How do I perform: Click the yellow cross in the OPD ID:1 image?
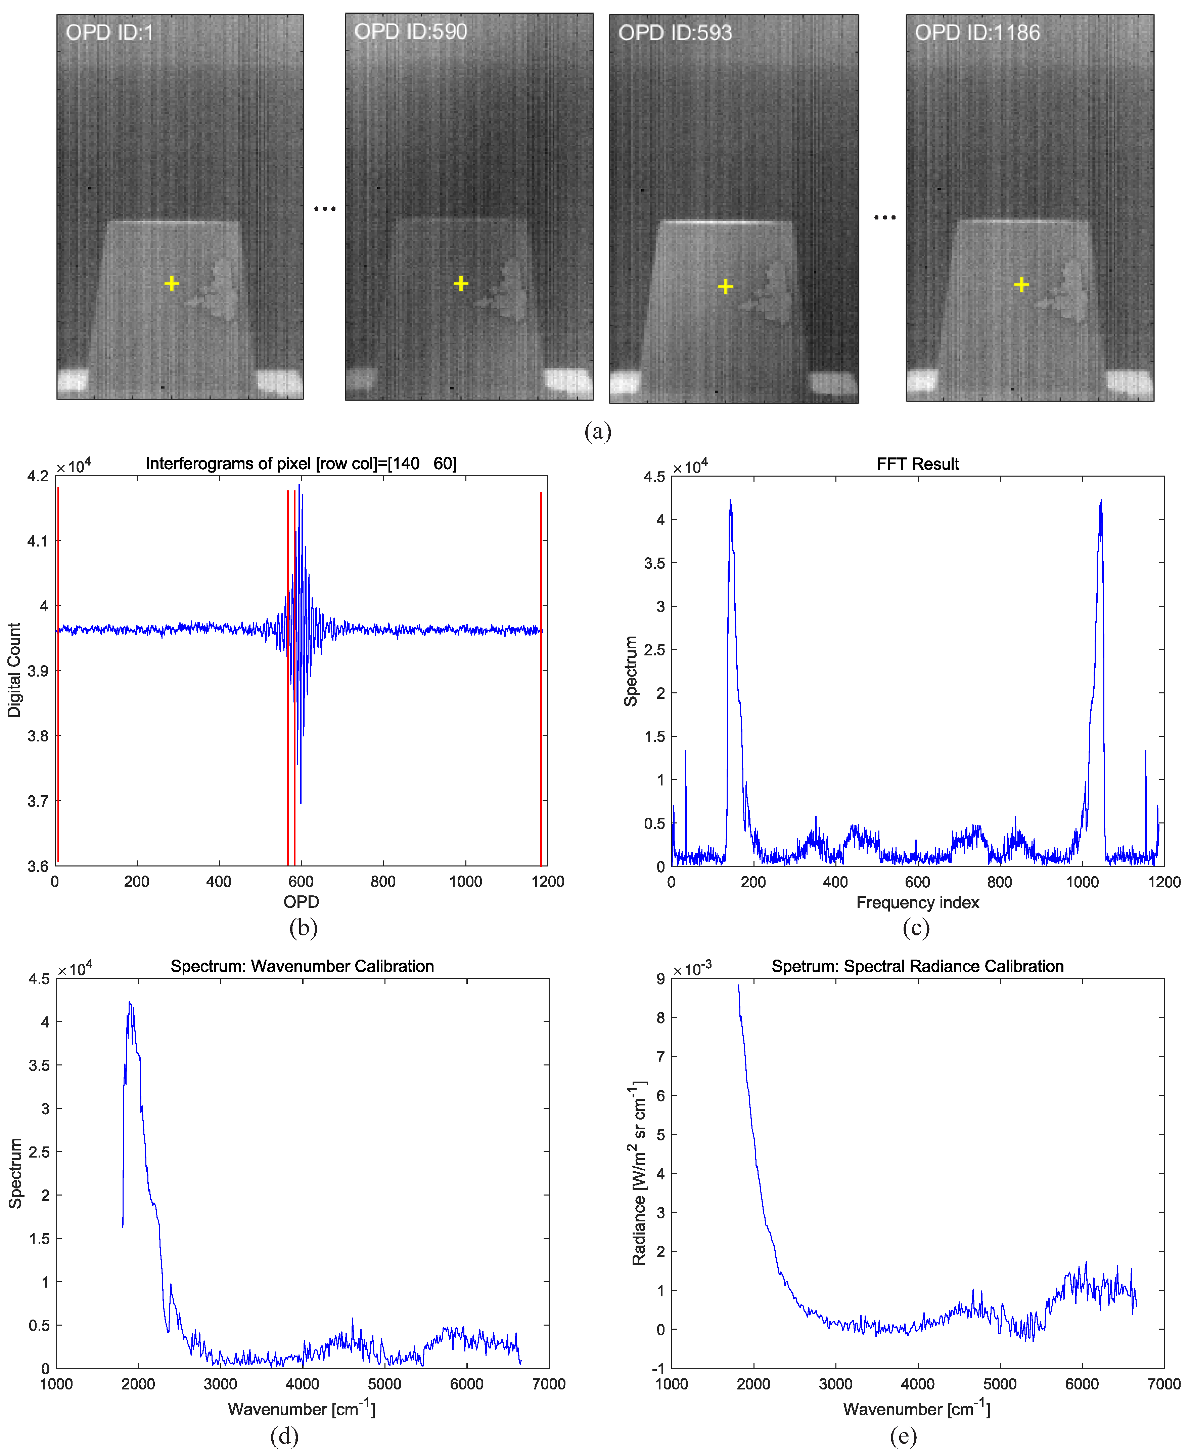tap(172, 283)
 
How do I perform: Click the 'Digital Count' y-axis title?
tap(14, 670)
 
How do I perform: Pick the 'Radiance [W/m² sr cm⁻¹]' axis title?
tap(639, 1173)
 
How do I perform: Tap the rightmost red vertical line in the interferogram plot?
tap(541, 676)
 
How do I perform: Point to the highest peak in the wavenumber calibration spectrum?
tap(130, 1003)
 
